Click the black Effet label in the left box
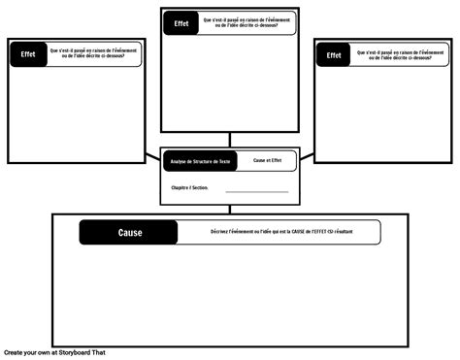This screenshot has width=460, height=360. click(28, 54)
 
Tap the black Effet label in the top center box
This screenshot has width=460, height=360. click(181, 23)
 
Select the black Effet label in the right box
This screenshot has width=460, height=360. click(334, 55)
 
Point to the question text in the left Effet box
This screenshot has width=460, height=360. click(93, 54)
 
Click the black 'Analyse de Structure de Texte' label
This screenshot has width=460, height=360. click(198, 160)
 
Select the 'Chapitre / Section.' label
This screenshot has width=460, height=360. click(190, 188)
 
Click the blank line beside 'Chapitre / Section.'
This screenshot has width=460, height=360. click(256, 191)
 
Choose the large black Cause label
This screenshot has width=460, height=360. click(129, 233)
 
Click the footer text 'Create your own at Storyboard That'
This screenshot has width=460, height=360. click(53, 353)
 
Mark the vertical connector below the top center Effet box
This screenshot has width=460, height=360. click(230, 140)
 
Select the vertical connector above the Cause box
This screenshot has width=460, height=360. click(230, 209)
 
